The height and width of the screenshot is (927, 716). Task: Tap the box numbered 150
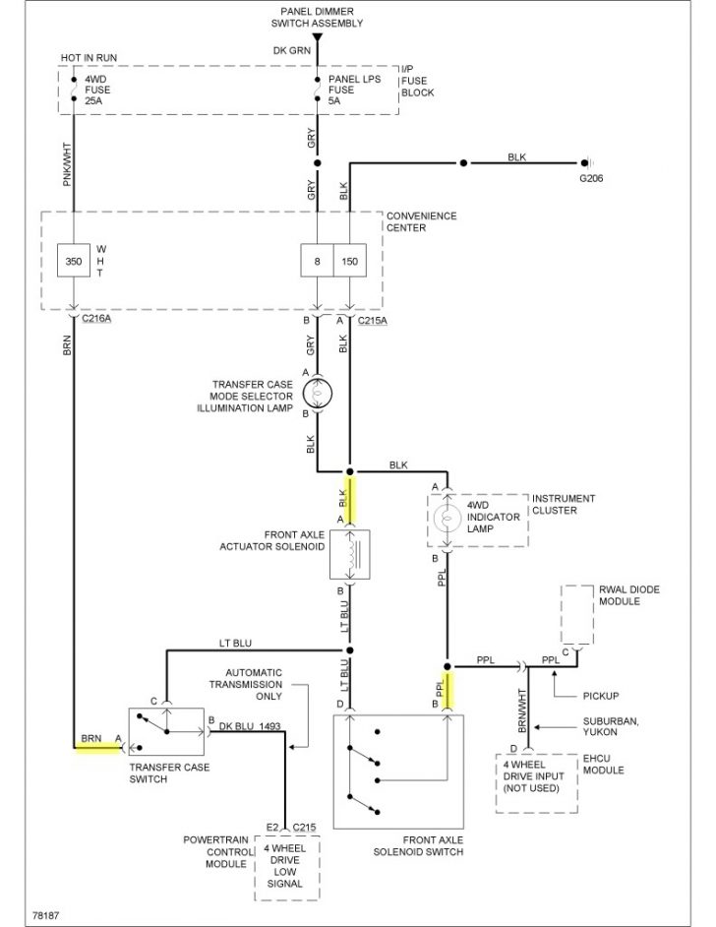pos(349,264)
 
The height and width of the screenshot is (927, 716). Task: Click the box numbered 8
pos(317,264)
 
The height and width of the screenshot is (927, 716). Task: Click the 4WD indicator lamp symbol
pos(447,519)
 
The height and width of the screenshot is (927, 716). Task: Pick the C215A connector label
pos(373,320)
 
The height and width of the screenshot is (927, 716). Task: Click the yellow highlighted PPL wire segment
pos(447,689)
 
